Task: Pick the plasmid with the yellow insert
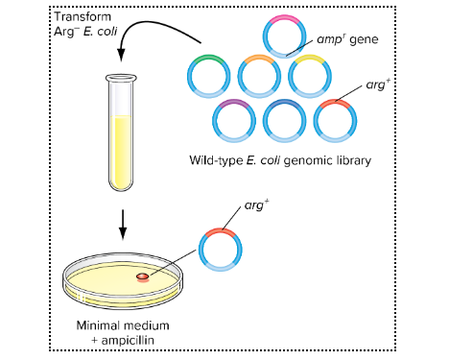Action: coord(309,76)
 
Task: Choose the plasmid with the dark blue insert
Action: coord(285,120)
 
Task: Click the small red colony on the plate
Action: coord(142,276)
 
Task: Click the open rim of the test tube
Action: coord(122,78)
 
